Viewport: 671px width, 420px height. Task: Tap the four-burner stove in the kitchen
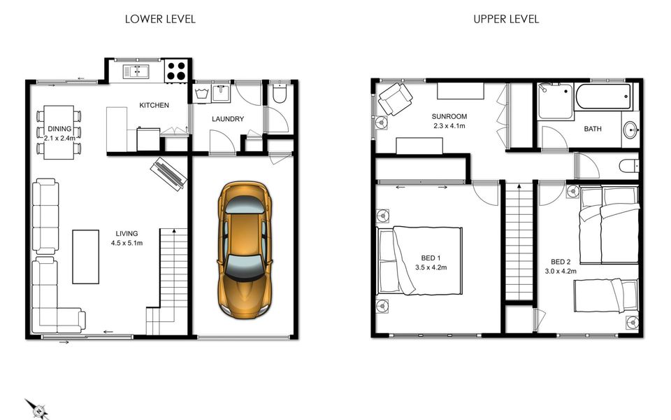(x=176, y=71)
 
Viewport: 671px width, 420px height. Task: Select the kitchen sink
(x=137, y=71)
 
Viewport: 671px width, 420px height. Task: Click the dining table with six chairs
(x=59, y=132)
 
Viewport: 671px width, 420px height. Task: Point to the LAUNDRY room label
(x=227, y=119)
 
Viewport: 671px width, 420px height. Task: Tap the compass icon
(x=36, y=408)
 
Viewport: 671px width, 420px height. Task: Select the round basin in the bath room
(x=630, y=129)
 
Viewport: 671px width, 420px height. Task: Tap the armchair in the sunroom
(x=395, y=99)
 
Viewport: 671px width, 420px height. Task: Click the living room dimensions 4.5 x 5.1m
(x=127, y=243)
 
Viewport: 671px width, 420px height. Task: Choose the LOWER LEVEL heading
(x=160, y=19)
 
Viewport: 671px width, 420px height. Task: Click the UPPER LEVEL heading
(x=506, y=19)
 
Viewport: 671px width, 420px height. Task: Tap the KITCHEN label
(x=154, y=105)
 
